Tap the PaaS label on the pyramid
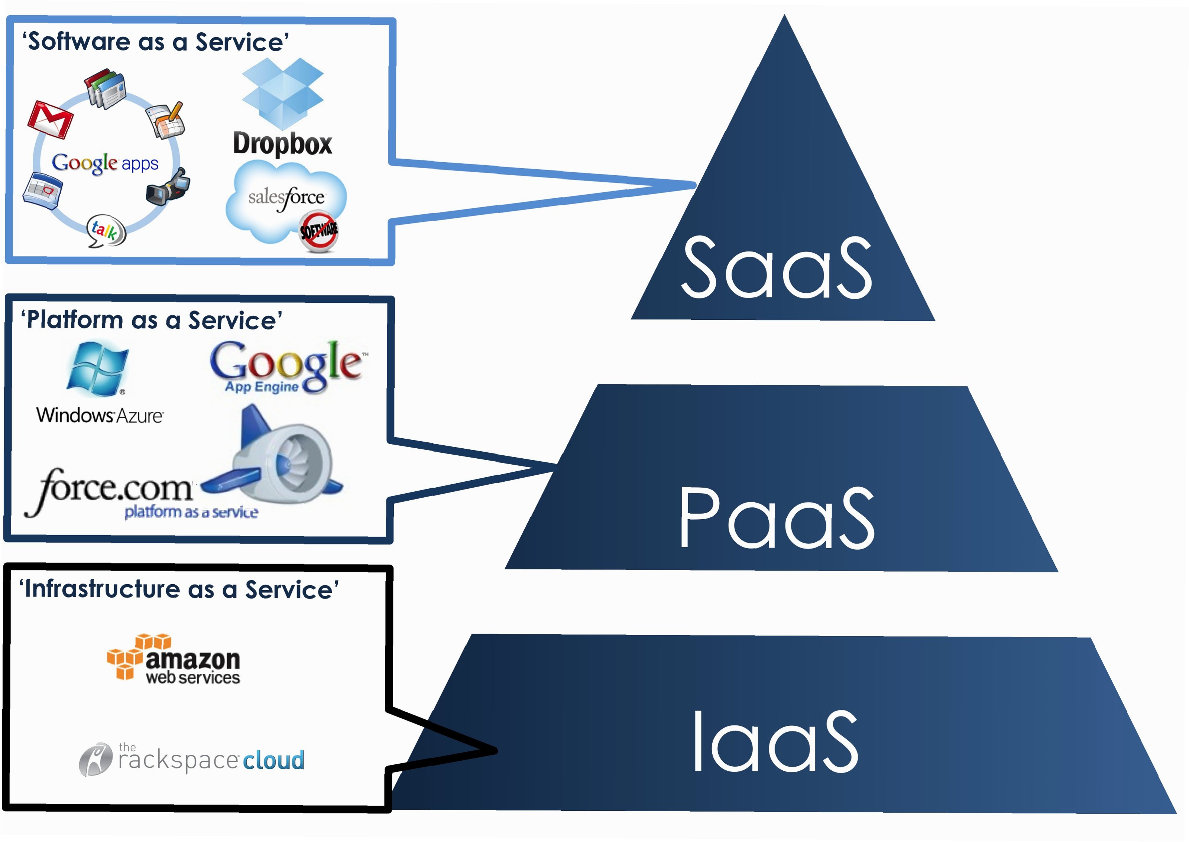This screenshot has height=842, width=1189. pos(776,518)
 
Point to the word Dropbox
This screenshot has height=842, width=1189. pos(283,144)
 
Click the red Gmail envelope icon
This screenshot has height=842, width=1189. pos(50,120)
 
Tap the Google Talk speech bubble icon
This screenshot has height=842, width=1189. pos(106,231)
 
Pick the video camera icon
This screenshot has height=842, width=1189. pos(169,187)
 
